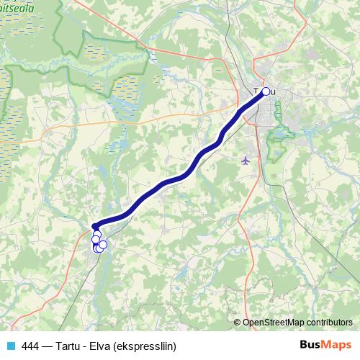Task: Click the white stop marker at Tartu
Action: click(x=266, y=91)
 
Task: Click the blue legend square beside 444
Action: click(x=10, y=346)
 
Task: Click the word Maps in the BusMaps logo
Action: click(x=336, y=345)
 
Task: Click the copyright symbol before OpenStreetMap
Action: click(x=237, y=323)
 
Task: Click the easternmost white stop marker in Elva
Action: click(x=103, y=245)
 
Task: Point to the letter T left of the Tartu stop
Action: click(x=256, y=91)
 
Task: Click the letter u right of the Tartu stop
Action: click(x=274, y=91)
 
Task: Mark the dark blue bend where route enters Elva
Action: click(x=96, y=226)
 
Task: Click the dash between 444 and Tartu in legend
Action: click(x=48, y=346)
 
